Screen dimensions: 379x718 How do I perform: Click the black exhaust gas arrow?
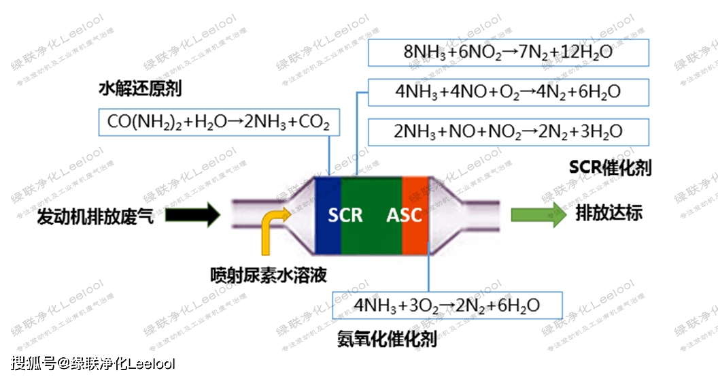tap(192, 216)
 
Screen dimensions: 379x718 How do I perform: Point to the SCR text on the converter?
tap(345, 216)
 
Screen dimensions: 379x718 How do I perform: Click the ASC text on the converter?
tap(405, 216)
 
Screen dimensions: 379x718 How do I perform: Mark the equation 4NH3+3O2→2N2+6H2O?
tap(447, 305)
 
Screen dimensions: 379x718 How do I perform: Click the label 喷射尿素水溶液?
tap(269, 276)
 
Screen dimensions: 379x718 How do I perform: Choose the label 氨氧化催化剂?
tap(387, 338)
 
